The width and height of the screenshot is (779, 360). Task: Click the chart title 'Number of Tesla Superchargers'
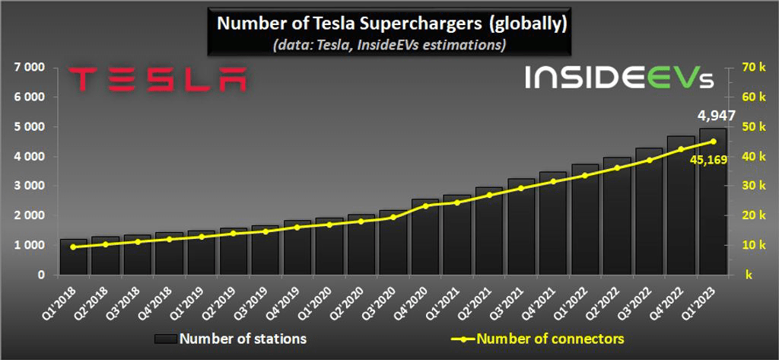pyautogui.click(x=392, y=24)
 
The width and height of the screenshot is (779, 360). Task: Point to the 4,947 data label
pyautogui.click(x=717, y=116)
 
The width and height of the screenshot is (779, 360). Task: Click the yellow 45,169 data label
pyautogui.click(x=711, y=161)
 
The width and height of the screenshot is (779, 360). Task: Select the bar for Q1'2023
pyautogui.click(x=713, y=202)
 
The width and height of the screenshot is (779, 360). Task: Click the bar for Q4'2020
pyautogui.click(x=425, y=237)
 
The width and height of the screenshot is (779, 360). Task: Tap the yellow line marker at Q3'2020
pyautogui.click(x=393, y=218)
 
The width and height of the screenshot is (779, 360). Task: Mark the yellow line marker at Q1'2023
pyautogui.click(x=713, y=141)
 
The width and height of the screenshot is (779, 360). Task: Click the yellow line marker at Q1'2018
pyautogui.click(x=73, y=247)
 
